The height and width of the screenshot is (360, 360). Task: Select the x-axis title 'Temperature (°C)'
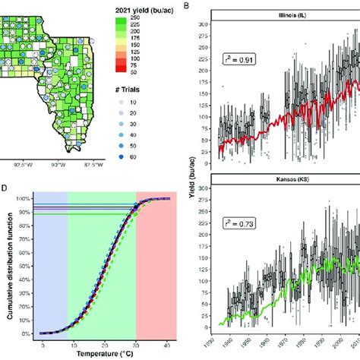coord(99,354)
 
